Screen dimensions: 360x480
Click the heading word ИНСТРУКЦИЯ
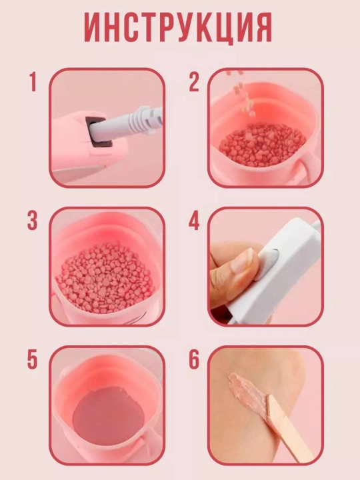pos(178,27)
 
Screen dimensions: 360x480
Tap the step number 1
pos(33,82)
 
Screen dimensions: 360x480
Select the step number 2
pos(194,82)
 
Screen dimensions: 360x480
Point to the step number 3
pos(32,221)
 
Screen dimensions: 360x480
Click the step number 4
pos(194,221)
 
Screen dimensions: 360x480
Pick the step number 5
pos(32,360)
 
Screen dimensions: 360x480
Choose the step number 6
pos(194,360)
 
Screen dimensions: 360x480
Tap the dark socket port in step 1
pos(97,131)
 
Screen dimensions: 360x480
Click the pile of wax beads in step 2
pos(262,145)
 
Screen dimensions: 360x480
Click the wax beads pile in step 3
pos(105,277)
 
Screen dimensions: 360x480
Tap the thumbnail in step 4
pos(242,259)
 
